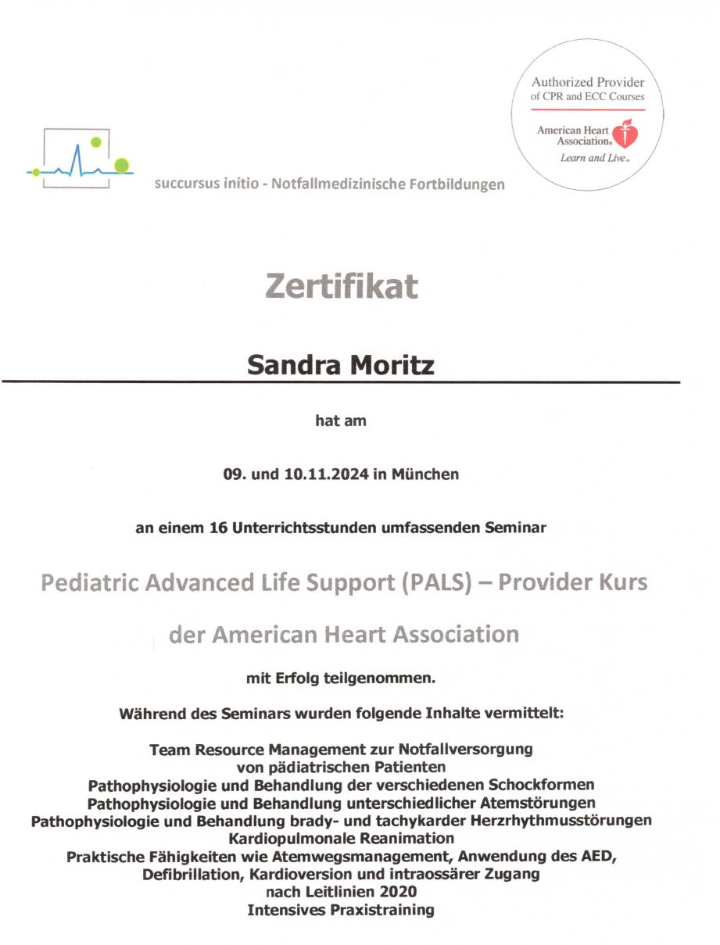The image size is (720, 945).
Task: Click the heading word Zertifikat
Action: (341, 286)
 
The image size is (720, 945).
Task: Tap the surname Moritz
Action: (391, 364)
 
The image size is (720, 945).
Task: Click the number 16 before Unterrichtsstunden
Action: (218, 528)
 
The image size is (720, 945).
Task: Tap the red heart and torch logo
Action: (625, 134)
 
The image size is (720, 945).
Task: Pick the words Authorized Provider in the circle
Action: (588, 82)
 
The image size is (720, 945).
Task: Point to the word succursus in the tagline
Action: (184, 184)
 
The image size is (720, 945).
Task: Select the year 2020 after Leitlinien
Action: (399, 892)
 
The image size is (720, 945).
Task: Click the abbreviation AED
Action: (597, 856)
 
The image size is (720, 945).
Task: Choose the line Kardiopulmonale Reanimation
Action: (341, 838)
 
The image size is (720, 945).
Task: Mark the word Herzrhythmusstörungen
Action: (571, 820)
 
